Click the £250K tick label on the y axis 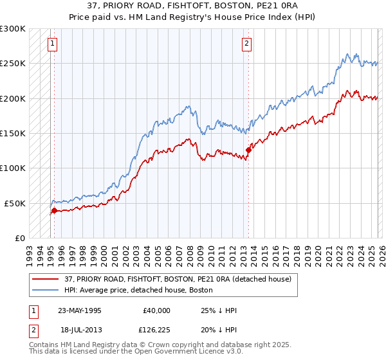point(13,64)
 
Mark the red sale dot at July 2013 point(248,150)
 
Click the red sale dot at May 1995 point(54,210)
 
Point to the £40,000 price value point(156,310)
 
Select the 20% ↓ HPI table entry point(219,328)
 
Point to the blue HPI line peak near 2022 point(347,55)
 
